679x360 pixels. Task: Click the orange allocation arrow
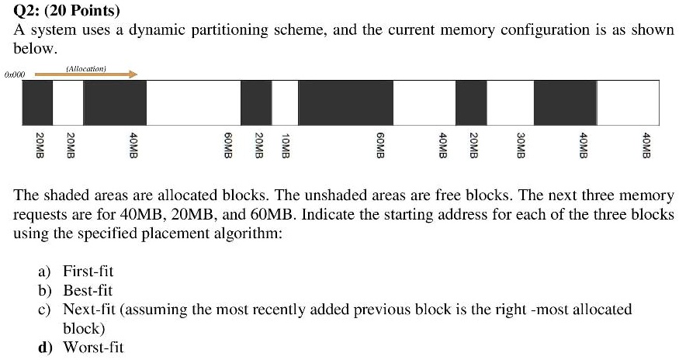pos(86,74)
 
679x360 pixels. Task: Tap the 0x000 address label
pos(15,75)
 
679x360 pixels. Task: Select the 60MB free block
pos(193,102)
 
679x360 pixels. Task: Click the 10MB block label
pos(285,146)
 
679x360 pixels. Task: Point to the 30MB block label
pos(521,146)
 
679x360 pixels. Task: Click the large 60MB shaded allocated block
pos(345,102)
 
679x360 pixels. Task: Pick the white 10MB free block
pos(285,102)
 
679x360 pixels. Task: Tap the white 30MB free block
pos(510,102)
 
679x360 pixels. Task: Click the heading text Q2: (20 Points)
pos(67,10)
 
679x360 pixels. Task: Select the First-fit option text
pos(88,271)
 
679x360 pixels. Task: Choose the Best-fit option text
pos(88,290)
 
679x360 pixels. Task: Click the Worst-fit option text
pos(94,347)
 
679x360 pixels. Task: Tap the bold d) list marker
pos(45,348)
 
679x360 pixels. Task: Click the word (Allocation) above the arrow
pos(86,68)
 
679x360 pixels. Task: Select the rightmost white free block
pos(628,102)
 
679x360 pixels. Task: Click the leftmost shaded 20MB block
pos(38,102)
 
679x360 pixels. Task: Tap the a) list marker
pos(44,272)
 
